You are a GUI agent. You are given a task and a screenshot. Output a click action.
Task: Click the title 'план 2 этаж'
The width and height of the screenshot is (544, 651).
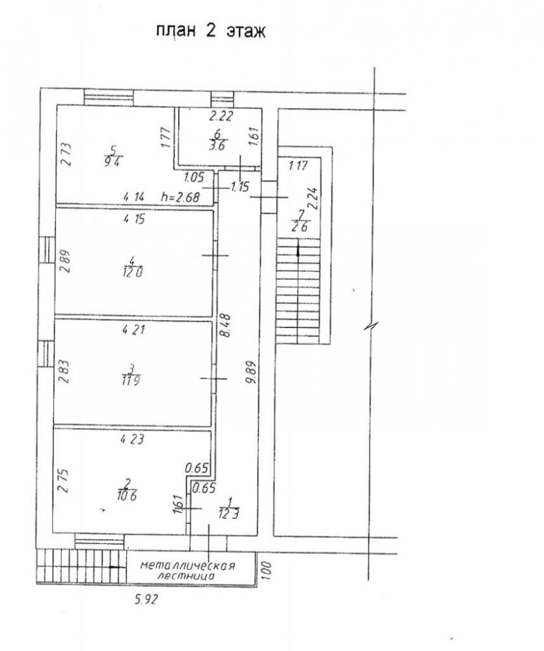pyautogui.click(x=210, y=31)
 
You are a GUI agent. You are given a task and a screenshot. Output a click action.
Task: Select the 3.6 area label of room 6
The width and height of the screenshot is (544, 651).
pyautogui.click(x=218, y=146)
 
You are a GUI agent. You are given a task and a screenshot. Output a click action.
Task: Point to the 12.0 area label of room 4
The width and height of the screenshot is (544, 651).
pyautogui.click(x=133, y=272)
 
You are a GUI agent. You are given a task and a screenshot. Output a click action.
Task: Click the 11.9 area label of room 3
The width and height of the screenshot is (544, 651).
pyautogui.click(x=131, y=380)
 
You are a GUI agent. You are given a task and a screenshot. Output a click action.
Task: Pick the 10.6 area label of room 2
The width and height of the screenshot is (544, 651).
pyautogui.click(x=127, y=495)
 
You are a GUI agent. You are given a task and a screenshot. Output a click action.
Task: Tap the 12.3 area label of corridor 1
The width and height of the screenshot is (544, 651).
pyautogui.click(x=228, y=514)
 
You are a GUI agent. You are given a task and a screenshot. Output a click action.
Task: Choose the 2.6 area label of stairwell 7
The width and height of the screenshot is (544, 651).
pyautogui.click(x=299, y=227)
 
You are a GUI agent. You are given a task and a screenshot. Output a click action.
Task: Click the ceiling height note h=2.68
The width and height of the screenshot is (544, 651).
pyautogui.click(x=180, y=197)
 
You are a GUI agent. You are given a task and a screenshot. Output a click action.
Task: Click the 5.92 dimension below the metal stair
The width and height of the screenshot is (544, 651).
pyautogui.click(x=146, y=600)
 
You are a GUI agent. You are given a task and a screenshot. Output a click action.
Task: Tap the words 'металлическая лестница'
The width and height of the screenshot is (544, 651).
pyautogui.click(x=187, y=570)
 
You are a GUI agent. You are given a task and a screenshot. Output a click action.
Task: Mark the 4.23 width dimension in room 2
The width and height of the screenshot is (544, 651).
pyautogui.click(x=132, y=439)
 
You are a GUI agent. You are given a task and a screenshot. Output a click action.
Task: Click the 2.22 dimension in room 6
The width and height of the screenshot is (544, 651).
pyautogui.click(x=221, y=117)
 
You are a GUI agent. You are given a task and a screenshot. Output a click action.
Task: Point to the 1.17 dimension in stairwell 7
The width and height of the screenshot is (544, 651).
pyautogui.click(x=298, y=165)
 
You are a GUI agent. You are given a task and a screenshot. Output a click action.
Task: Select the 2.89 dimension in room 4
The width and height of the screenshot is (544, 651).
pyautogui.click(x=66, y=261)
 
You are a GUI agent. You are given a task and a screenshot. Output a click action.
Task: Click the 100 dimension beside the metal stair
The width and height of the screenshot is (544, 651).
pyautogui.click(x=266, y=570)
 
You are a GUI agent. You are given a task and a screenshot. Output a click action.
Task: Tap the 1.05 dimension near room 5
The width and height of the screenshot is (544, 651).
pyautogui.click(x=194, y=178)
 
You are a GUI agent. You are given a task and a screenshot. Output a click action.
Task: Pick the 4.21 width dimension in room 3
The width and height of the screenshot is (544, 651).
pyautogui.click(x=133, y=330)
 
